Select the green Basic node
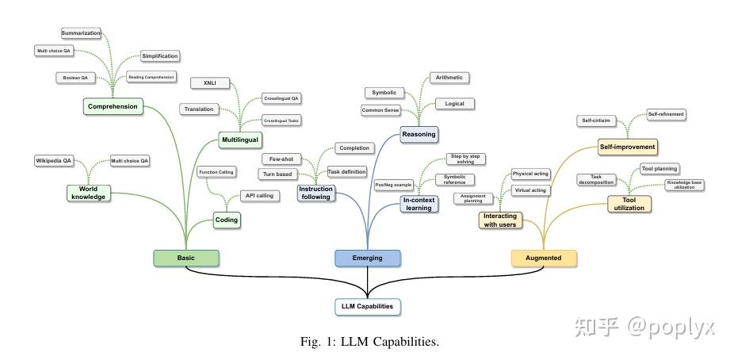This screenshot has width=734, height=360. pos(185,257)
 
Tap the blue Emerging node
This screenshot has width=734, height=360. pos(367,257)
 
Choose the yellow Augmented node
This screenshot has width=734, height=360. pos(544,257)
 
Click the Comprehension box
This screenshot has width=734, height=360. pos(113,106)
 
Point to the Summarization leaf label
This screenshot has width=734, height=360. pos(81,33)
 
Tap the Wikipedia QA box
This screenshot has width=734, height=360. pos(54,160)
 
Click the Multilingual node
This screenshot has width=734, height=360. pos(239,140)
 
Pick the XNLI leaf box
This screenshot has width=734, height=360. pos(209,82)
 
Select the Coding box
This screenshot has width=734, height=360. pos(227,220)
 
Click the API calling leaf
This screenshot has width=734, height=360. pos(258,195)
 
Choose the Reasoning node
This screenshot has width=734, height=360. pos(418,134)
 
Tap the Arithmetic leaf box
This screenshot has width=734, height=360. pos(449,78)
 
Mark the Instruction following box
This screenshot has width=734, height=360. pos(315,193)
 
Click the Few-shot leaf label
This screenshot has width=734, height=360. pos(281,159)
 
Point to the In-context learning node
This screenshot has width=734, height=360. pos(419,204)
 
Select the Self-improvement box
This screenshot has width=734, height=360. pos(627,147)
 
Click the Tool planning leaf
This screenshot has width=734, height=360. pos(659,169)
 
